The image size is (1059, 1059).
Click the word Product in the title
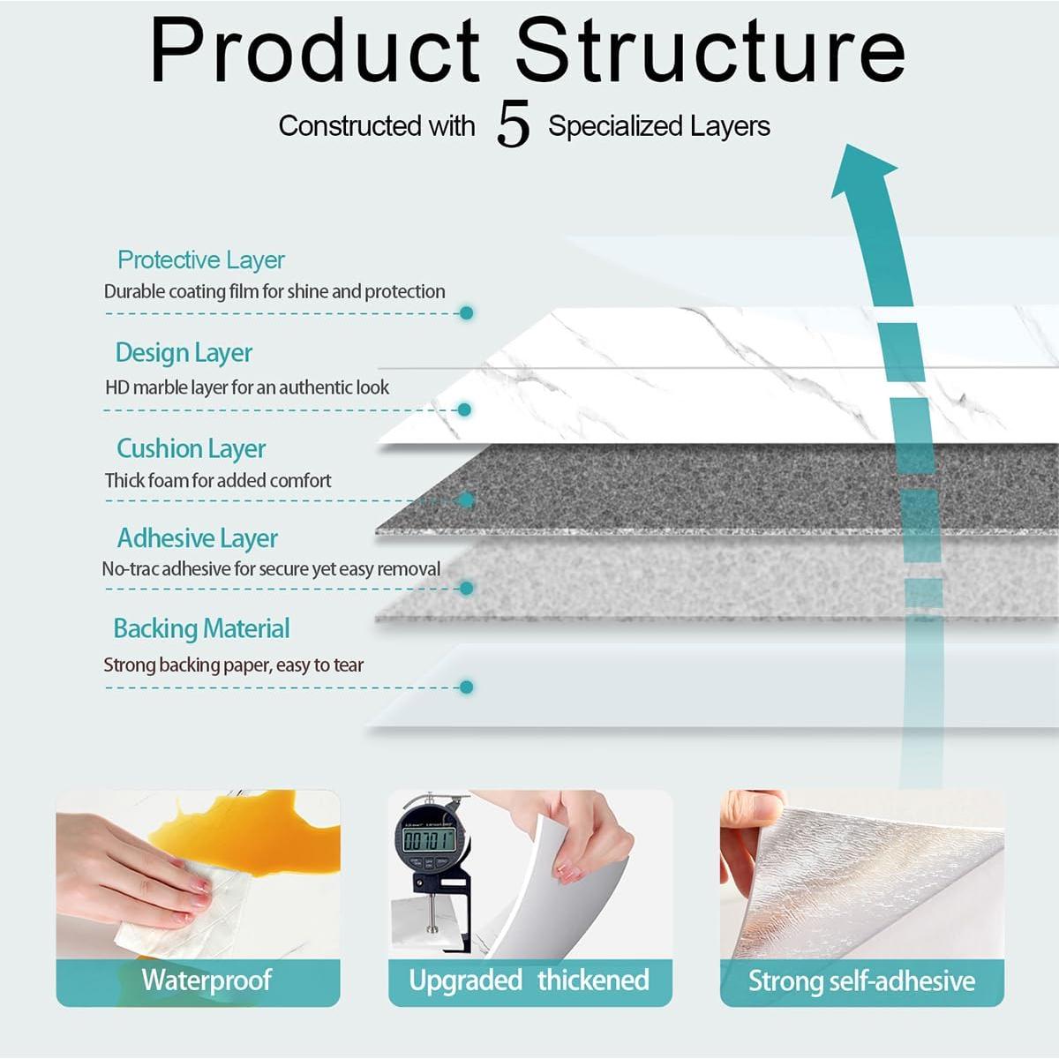[x=315, y=50]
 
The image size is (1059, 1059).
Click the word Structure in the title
[x=710, y=50]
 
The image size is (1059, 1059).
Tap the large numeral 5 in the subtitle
[x=514, y=124]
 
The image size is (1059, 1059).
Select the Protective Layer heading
[x=201, y=260]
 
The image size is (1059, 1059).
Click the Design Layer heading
[x=184, y=353]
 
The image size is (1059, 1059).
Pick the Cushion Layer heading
[x=192, y=449]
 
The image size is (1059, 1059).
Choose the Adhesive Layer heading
[x=198, y=538]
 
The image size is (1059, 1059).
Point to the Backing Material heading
[x=202, y=628]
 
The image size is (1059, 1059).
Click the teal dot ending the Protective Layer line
[x=467, y=313]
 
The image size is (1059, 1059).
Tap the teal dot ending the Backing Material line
[x=467, y=687]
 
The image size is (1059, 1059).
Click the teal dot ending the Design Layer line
[x=465, y=409]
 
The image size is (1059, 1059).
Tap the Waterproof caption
[x=207, y=980]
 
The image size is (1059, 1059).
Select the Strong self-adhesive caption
[x=861, y=981]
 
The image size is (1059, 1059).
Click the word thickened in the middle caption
[x=594, y=980]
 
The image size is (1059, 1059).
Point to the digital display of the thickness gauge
[x=429, y=839]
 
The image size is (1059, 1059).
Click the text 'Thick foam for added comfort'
[x=218, y=481]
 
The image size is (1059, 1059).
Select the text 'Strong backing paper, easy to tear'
[x=234, y=665]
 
